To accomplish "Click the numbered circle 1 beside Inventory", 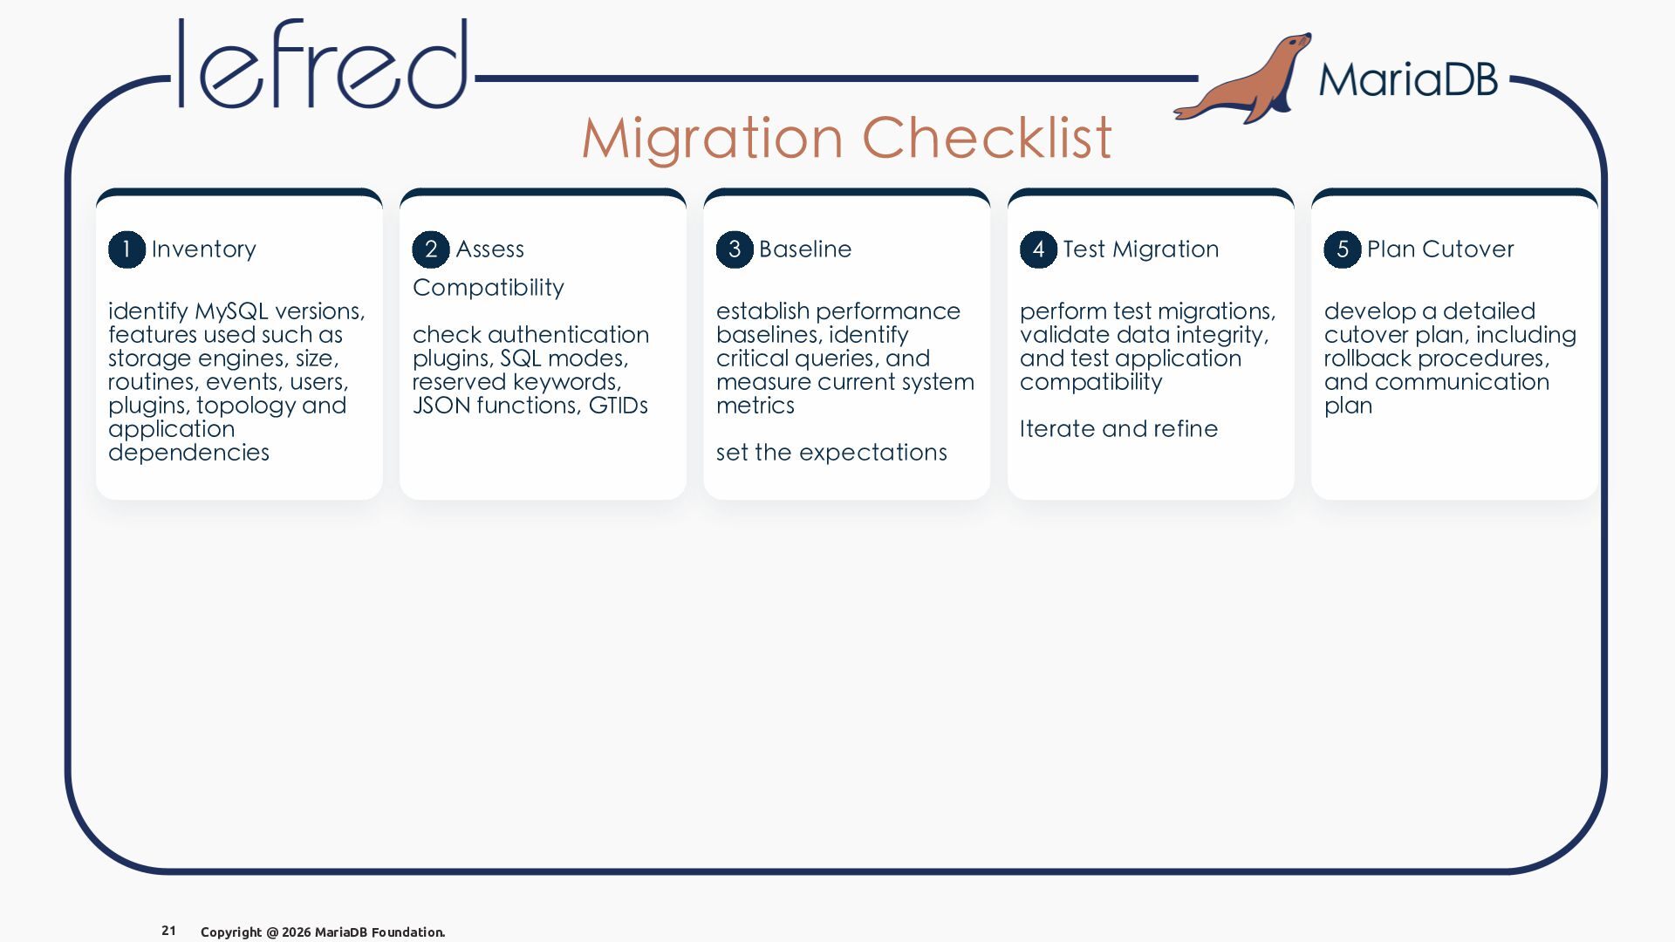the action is coord(126,249).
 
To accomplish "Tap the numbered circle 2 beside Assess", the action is coord(431,249).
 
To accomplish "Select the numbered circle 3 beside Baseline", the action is coord(735,249).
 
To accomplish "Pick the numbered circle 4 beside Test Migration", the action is coord(1038,249).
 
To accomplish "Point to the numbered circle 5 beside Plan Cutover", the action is coord(1343,249).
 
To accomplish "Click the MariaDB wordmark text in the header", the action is coord(1408,79).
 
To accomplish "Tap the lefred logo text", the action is coord(323,64).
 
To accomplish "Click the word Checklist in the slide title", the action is coord(987,138).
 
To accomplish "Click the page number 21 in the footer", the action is coord(168,931).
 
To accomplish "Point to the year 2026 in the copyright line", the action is coord(296,932).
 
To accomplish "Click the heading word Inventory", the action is coord(204,249).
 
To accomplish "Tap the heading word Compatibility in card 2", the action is coord(489,288).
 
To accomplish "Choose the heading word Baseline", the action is coord(805,249).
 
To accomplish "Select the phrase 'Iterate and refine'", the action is coord(1118,428).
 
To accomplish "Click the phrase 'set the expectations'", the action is coord(831,453).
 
